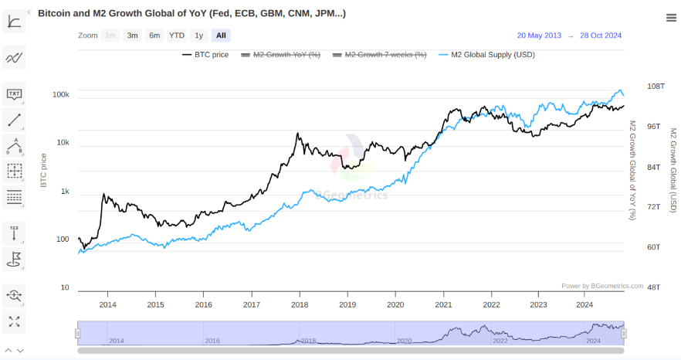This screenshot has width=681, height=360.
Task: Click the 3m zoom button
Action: click(133, 36)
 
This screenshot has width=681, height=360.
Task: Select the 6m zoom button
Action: click(154, 36)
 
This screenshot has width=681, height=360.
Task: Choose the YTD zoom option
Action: click(177, 36)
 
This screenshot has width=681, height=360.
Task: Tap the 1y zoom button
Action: click(199, 36)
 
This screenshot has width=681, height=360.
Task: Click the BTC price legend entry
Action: click(205, 55)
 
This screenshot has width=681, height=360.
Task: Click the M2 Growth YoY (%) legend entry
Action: click(281, 55)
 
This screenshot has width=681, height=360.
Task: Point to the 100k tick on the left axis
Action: click(61, 94)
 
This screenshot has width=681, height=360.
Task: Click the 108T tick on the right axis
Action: click(655, 87)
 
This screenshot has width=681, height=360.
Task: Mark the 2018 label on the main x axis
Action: click(300, 304)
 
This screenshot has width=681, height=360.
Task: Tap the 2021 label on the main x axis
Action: click(443, 304)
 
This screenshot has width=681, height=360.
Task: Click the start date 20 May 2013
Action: click(539, 36)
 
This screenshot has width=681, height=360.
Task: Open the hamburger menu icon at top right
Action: click(671, 19)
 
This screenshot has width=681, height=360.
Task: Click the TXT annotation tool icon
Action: click(14, 94)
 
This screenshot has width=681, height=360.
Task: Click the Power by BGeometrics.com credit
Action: click(601, 286)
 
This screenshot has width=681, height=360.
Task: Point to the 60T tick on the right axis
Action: click(653, 247)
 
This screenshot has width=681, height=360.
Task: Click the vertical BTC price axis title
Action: click(44, 170)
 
